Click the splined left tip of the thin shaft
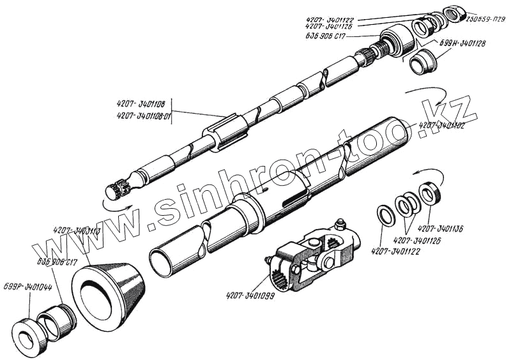(x=116, y=190)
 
